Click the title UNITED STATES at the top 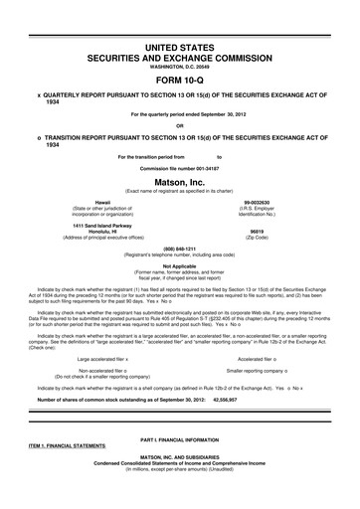tap(179, 47)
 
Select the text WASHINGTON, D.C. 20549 tap(179, 67)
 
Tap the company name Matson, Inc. tap(179, 179)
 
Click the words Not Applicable tap(179, 265)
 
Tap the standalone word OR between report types tap(179, 124)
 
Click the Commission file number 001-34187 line tap(179, 168)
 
